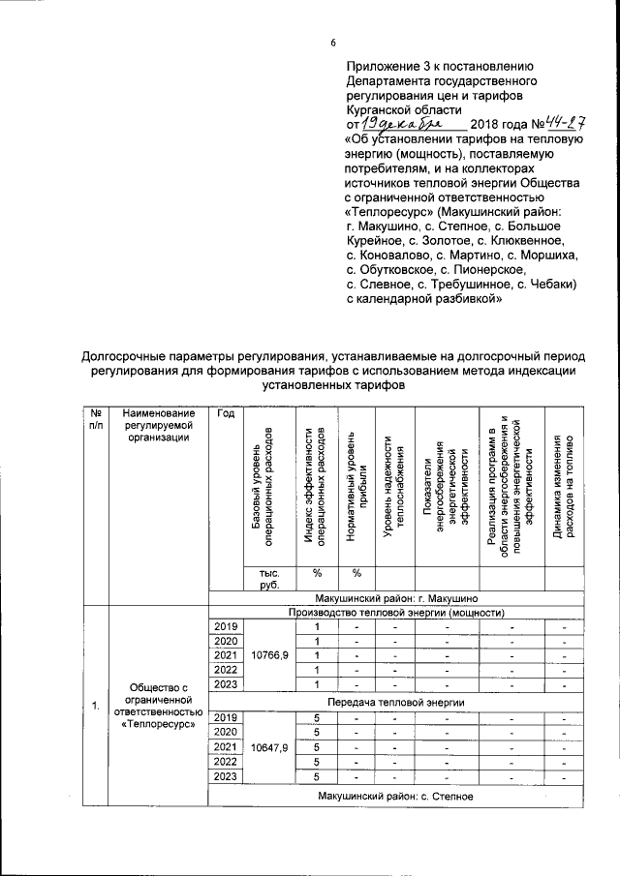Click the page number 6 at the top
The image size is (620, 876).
point(332,44)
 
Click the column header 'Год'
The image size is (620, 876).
point(227,414)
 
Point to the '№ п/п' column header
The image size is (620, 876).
point(95,420)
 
